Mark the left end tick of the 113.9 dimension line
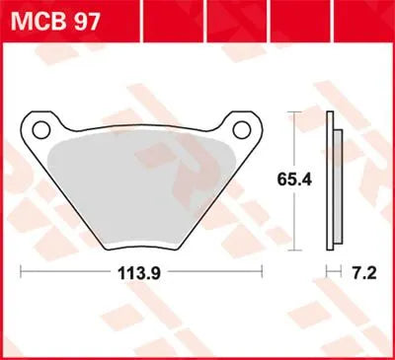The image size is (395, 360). click(22, 268)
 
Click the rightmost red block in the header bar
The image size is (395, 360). click(373, 16)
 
